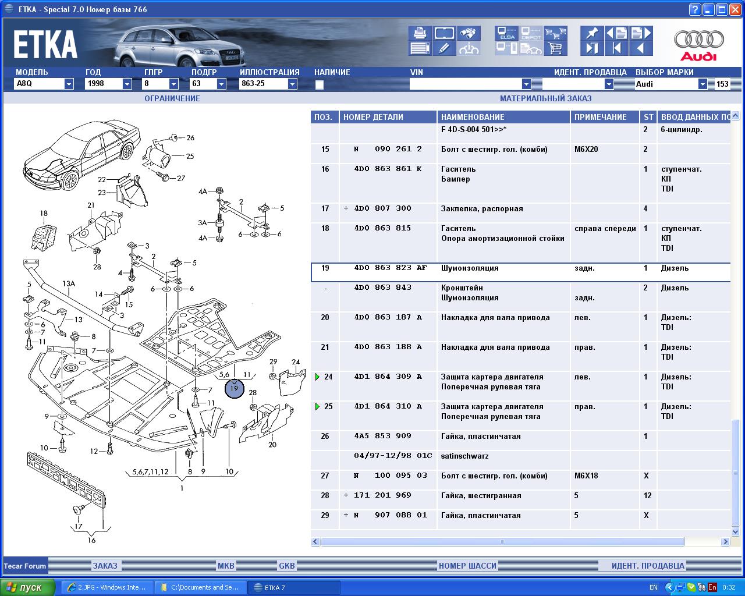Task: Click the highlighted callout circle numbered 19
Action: pos(235,388)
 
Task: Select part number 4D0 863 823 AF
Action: pos(390,268)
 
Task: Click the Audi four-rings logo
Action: pos(698,40)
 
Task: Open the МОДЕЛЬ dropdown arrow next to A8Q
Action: pos(69,84)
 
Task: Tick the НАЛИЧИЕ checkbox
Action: pos(319,84)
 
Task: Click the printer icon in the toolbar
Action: pos(420,33)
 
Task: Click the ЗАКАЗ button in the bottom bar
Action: pos(105,566)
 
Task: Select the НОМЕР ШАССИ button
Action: pos(467,566)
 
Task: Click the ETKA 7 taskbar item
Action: pos(294,587)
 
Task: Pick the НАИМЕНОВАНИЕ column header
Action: pos(473,117)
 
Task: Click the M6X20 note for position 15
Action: pos(586,149)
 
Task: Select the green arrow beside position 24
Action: pos(317,377)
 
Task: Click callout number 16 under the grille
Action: pos(91,540)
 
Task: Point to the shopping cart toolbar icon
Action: pos(555,48)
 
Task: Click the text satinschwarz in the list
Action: pos(464,456)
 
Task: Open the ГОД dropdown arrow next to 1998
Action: pos(127,84)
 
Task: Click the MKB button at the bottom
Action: pos(226,566)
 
